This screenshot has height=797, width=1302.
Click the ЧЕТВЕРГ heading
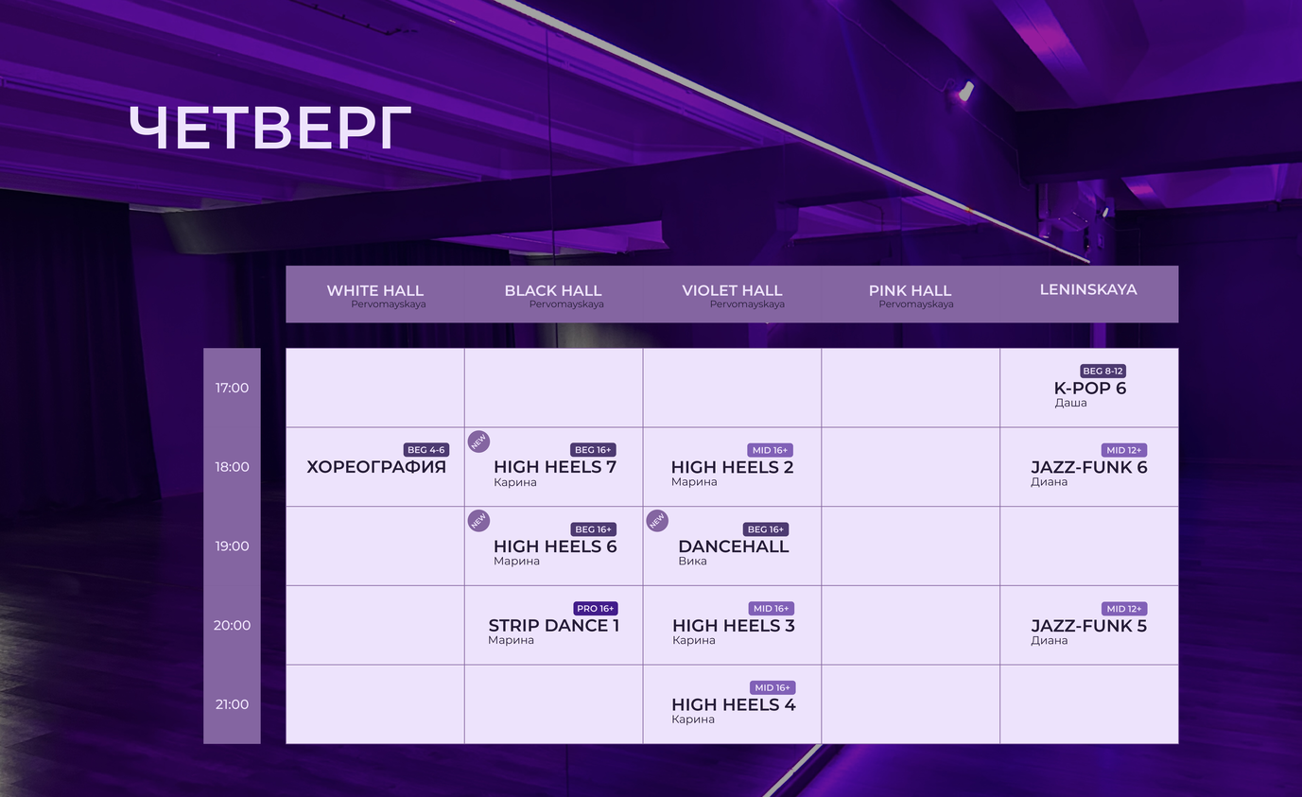269,128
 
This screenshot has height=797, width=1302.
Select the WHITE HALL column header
375,290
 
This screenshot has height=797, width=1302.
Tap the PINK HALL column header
910,290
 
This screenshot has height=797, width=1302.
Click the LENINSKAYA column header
1088,289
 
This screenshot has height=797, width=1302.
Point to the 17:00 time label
232,388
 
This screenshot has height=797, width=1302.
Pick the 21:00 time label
232,704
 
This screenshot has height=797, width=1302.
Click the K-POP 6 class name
1090,389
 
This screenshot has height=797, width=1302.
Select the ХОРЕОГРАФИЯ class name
376,467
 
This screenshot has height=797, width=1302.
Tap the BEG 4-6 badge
426,450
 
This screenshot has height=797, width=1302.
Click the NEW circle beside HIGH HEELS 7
478,442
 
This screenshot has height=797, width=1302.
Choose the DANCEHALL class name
734,546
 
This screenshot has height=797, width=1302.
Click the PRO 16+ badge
595,609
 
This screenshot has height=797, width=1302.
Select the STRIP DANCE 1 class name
553,626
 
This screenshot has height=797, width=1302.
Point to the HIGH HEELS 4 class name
734,704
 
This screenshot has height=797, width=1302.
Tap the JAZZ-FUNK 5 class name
1088,626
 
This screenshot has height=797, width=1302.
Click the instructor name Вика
692,561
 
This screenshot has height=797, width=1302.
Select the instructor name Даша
1070,403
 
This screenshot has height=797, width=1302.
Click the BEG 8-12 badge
1102,371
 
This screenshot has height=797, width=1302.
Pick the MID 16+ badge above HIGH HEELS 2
770,450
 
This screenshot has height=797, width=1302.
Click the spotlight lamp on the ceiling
965,92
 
